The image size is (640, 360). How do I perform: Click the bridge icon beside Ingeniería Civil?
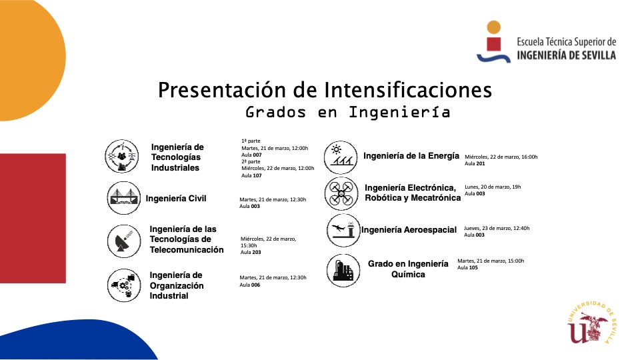124,198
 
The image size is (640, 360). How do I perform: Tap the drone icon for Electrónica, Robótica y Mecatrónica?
341,193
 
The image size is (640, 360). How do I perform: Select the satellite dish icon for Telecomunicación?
124,241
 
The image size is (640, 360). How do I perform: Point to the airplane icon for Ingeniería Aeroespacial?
343,230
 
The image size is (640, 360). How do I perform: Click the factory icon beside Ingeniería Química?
343,270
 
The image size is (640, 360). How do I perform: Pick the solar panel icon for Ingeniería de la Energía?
341,157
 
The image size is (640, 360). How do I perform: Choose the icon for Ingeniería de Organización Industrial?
124,285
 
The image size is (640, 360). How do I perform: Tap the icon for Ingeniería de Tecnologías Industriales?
121,156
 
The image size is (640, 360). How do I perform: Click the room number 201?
481,164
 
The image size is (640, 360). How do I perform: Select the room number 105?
473,268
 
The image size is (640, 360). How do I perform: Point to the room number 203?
256,252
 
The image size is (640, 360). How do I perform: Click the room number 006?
255,285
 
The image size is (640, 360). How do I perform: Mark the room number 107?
257,175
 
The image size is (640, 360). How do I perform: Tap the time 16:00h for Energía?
529,157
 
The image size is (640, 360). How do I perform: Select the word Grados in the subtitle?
275,112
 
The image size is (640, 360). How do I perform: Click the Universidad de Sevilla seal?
591,323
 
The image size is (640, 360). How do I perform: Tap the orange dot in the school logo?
494,27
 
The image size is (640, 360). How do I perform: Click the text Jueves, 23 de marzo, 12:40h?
497,228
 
